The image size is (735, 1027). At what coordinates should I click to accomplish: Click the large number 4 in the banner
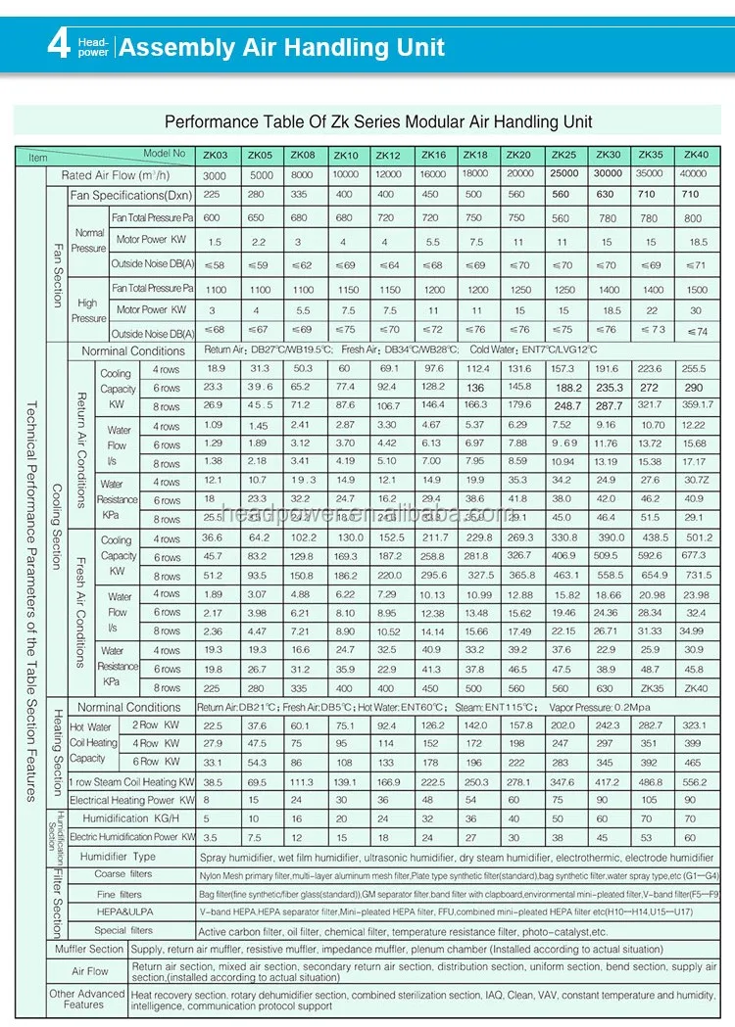click(59, 45)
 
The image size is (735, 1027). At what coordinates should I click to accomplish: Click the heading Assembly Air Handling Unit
click(281, 47)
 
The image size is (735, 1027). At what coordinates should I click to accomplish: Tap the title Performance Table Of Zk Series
click(377, 122)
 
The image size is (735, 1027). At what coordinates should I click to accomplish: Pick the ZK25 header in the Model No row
click(563, 155)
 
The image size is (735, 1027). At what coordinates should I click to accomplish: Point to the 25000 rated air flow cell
click(563, 174)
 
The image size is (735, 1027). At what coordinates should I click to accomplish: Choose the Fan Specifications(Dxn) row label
click(131, 196)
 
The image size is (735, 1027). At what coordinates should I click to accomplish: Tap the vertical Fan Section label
click(57, 264)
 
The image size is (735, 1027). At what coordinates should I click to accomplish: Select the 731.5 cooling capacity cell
click(697, 576)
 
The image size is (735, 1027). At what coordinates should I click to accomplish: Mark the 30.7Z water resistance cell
click(697, 481)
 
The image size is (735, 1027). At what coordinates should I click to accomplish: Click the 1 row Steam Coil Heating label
click(131, 782)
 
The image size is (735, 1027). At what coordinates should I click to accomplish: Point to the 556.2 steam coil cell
click(694, 782)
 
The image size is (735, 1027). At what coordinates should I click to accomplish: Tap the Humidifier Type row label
click(118, 857)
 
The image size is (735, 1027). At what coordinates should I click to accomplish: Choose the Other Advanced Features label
click(87, 1000)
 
